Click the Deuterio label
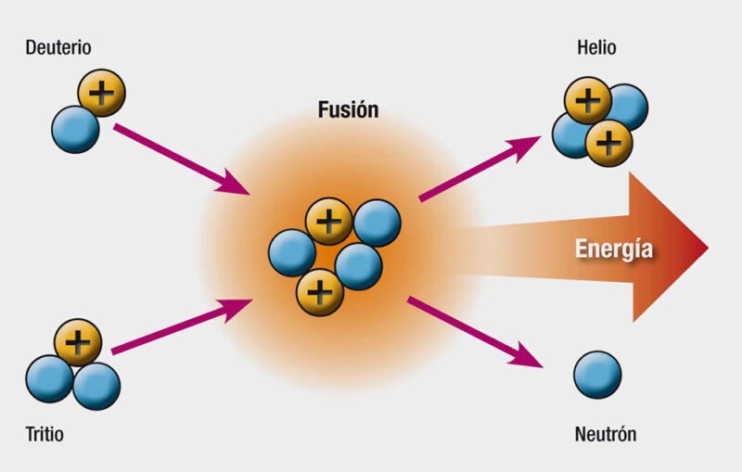[x=58, y=48]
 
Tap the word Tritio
[x=45, y=434]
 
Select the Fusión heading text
[x=349, y=109]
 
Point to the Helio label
[x=596, y=48]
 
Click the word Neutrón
[x=606, y=434]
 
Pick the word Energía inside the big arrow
[x=614, y=249]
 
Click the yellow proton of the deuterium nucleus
[x=102, y=93]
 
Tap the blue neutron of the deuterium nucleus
[x=75, y=130]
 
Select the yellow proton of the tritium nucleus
[x=78, y=342]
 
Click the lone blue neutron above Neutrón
[x=597, y=375]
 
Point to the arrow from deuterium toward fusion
[x=182, y=159]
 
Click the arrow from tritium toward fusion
[x=182, y=326]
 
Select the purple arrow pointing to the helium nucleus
[x=480, y=169]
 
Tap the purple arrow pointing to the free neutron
[x=475, y=332]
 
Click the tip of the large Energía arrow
[x=709, y=248]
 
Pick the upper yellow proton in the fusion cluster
[x=329, y=222]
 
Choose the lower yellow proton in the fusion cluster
[x=320, y=292]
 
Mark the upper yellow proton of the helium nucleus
[x=588, y=101]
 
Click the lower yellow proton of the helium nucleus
[x=609, y=143]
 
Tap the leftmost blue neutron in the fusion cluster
[x=292, y=253]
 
